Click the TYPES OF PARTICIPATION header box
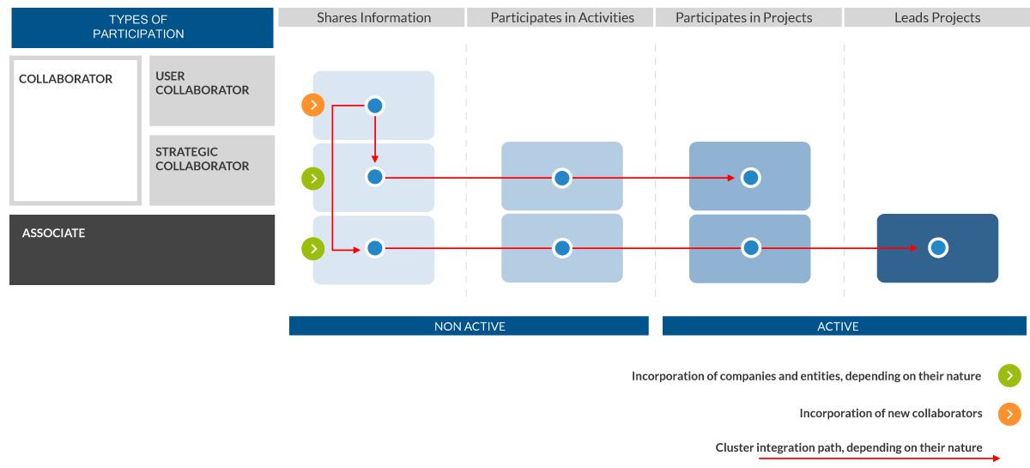tap(142, 27)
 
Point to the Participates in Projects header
tap(748, 17)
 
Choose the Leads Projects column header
tap(937, 17)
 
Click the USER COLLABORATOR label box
tap(212, 91)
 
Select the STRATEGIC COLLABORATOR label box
tap(212, 170)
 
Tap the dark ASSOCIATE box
tap(142, 250)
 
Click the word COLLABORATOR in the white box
tap(65, 79)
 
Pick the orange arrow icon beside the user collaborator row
tap(313, 105)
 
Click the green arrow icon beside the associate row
tap(313, 249)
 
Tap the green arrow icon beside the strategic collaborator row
tap(313, 179)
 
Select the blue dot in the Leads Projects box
tap(938, 248)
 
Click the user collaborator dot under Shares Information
tap(375, 106)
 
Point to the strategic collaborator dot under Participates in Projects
tap(751, 178)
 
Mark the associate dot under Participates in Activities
tap(562, 248)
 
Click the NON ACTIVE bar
tap(469, 325)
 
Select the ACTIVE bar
tap(845, 325)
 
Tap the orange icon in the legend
tap(1009, 414)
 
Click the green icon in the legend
tap(1009, 376)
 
